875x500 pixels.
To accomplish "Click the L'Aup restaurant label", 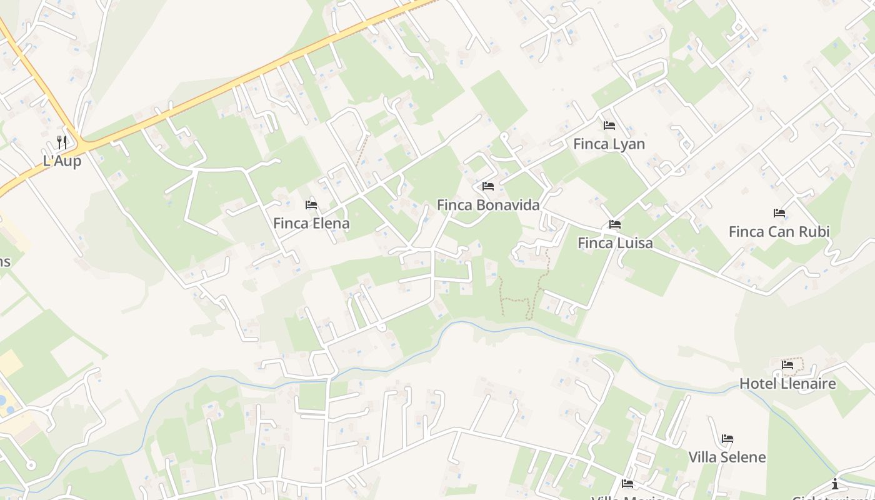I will [x=62, y=161].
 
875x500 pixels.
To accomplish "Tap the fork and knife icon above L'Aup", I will [x=62, y=142].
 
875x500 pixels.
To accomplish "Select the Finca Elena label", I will [x=311, y=223].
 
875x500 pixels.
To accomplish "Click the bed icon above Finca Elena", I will [x=311, y=205].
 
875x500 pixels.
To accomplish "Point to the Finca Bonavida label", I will [x=488, y=205].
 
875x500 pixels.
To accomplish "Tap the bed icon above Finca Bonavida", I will [x=488, y=186].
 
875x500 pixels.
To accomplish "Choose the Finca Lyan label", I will [x=609, y=144].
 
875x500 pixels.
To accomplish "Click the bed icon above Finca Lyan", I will [x=609, y=126].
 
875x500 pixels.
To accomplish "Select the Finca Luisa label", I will [x=615, y=243].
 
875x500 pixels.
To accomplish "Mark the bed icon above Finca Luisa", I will [x=615, y=224].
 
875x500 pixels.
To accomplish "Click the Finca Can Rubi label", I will [x=779, y=232].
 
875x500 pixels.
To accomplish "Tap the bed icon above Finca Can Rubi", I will [x=779, y=213].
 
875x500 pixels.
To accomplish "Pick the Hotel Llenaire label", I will [x=787, y=384].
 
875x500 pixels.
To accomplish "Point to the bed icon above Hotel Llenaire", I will [x=787, y=365].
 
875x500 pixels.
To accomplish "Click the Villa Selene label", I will [x=727, y=457].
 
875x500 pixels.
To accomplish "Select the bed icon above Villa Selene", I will [x=727, y=439].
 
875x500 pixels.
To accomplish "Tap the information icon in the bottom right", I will [x=835, y=484].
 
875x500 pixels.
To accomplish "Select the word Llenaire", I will [x=807, y=384].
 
